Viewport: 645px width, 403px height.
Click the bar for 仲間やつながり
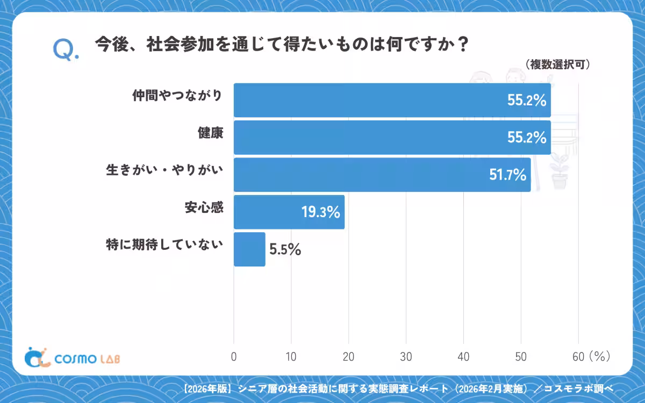(392, 100)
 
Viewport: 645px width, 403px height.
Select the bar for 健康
(392, 138)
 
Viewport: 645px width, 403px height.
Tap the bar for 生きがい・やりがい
(382, 175)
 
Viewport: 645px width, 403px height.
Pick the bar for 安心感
(289, 212)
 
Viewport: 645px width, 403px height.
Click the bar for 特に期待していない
(249, 249)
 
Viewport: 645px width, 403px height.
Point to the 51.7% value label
(507, 175)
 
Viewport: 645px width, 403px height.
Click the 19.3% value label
(320, 212)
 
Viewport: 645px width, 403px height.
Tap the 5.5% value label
(285, 249)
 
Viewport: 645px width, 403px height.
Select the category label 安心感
(204, 207)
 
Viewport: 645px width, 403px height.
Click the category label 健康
(211, 133)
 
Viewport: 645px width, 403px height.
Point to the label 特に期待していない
(164, 244)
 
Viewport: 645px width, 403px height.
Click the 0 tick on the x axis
(234, 357)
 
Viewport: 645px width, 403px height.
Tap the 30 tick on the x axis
(406, 357)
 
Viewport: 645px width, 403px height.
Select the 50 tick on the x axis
(521, 357)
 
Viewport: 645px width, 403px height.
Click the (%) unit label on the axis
(600, 356)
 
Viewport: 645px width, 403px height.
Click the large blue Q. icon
(66, 49)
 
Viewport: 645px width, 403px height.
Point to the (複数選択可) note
(558, 64)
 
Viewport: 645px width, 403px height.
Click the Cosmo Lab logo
(72, 357)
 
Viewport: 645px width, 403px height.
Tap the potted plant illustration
(560, 171)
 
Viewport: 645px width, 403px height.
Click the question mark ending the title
(463, 44)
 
